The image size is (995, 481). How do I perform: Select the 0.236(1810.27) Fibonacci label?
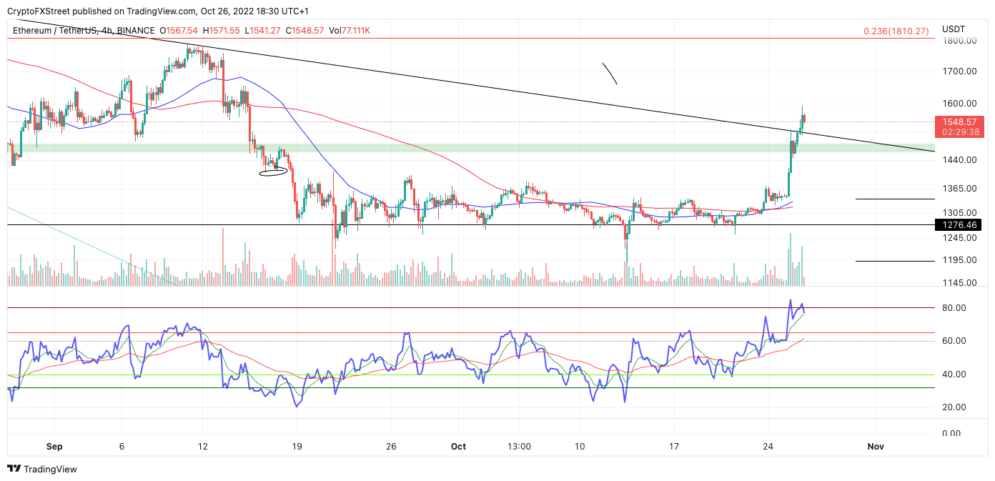(896, 31)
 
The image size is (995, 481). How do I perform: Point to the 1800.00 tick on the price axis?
(959, 41)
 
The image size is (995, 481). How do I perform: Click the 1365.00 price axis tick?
(959, 189)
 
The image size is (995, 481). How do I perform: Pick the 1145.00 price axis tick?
(959, 283)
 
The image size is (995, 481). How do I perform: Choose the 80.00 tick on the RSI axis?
(955, 308)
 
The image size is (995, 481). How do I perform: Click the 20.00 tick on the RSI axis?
(955, 407)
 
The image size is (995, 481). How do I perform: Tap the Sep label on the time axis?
(54, 447)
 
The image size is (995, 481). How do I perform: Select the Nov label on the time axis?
(876, 447)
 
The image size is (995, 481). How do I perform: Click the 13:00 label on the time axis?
(519, 447)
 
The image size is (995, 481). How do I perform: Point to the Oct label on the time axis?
(458, 447)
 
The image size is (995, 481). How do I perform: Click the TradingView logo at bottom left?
(42, 469)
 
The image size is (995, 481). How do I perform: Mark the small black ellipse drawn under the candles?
(273, 172)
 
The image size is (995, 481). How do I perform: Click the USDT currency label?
(954, 29)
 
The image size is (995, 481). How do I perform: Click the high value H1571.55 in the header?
(223, 31)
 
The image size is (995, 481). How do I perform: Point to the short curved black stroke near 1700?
(610, 74)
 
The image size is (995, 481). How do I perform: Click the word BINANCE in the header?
(135, 31)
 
